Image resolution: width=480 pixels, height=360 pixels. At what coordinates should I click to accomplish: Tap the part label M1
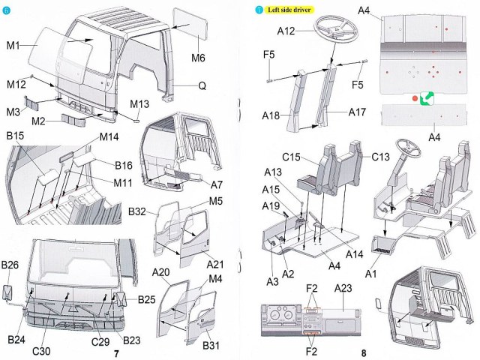pos(13,45)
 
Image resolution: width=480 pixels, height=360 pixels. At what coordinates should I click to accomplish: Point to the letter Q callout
pos(202,85)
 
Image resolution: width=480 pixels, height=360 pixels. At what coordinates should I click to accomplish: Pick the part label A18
pos(271,115)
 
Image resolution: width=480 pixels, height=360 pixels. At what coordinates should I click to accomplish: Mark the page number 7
pos(115,353)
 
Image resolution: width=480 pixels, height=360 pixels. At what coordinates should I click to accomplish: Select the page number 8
pos(363,353)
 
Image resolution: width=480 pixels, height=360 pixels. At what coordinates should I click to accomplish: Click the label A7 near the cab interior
pos(217,184)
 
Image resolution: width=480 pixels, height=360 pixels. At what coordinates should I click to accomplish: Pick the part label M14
pos(110,138)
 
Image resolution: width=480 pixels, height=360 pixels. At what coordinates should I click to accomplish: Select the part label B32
pos(136,211)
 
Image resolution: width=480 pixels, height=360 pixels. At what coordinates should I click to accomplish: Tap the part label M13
pos(140,103)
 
